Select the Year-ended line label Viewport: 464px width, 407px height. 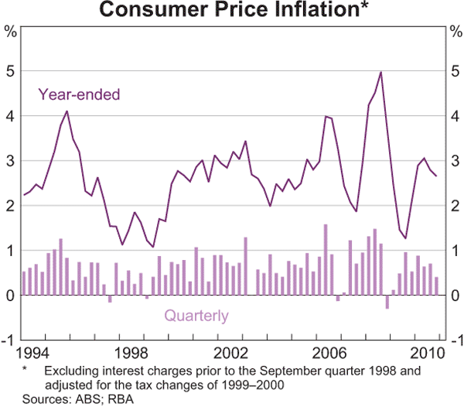79,96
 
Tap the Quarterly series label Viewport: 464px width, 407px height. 194,315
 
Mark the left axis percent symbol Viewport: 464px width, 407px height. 10,32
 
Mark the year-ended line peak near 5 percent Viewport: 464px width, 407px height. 381,72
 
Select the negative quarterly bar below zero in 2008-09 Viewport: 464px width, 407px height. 387,303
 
